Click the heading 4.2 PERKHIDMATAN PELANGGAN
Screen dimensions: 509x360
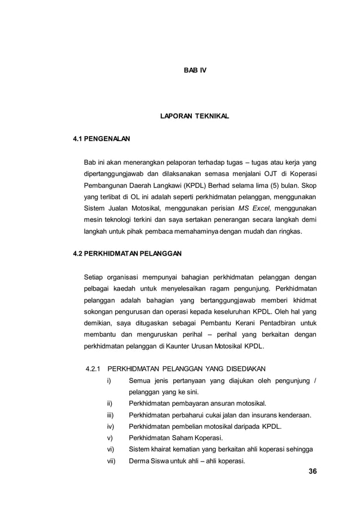point(128,254)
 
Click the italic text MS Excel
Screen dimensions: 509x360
point(255,207)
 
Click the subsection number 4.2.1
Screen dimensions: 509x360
point(92,370)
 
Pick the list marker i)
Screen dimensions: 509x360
point(109,381)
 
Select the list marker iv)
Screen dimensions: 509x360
point(111,427)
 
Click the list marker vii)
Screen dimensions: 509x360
point(111,460)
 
